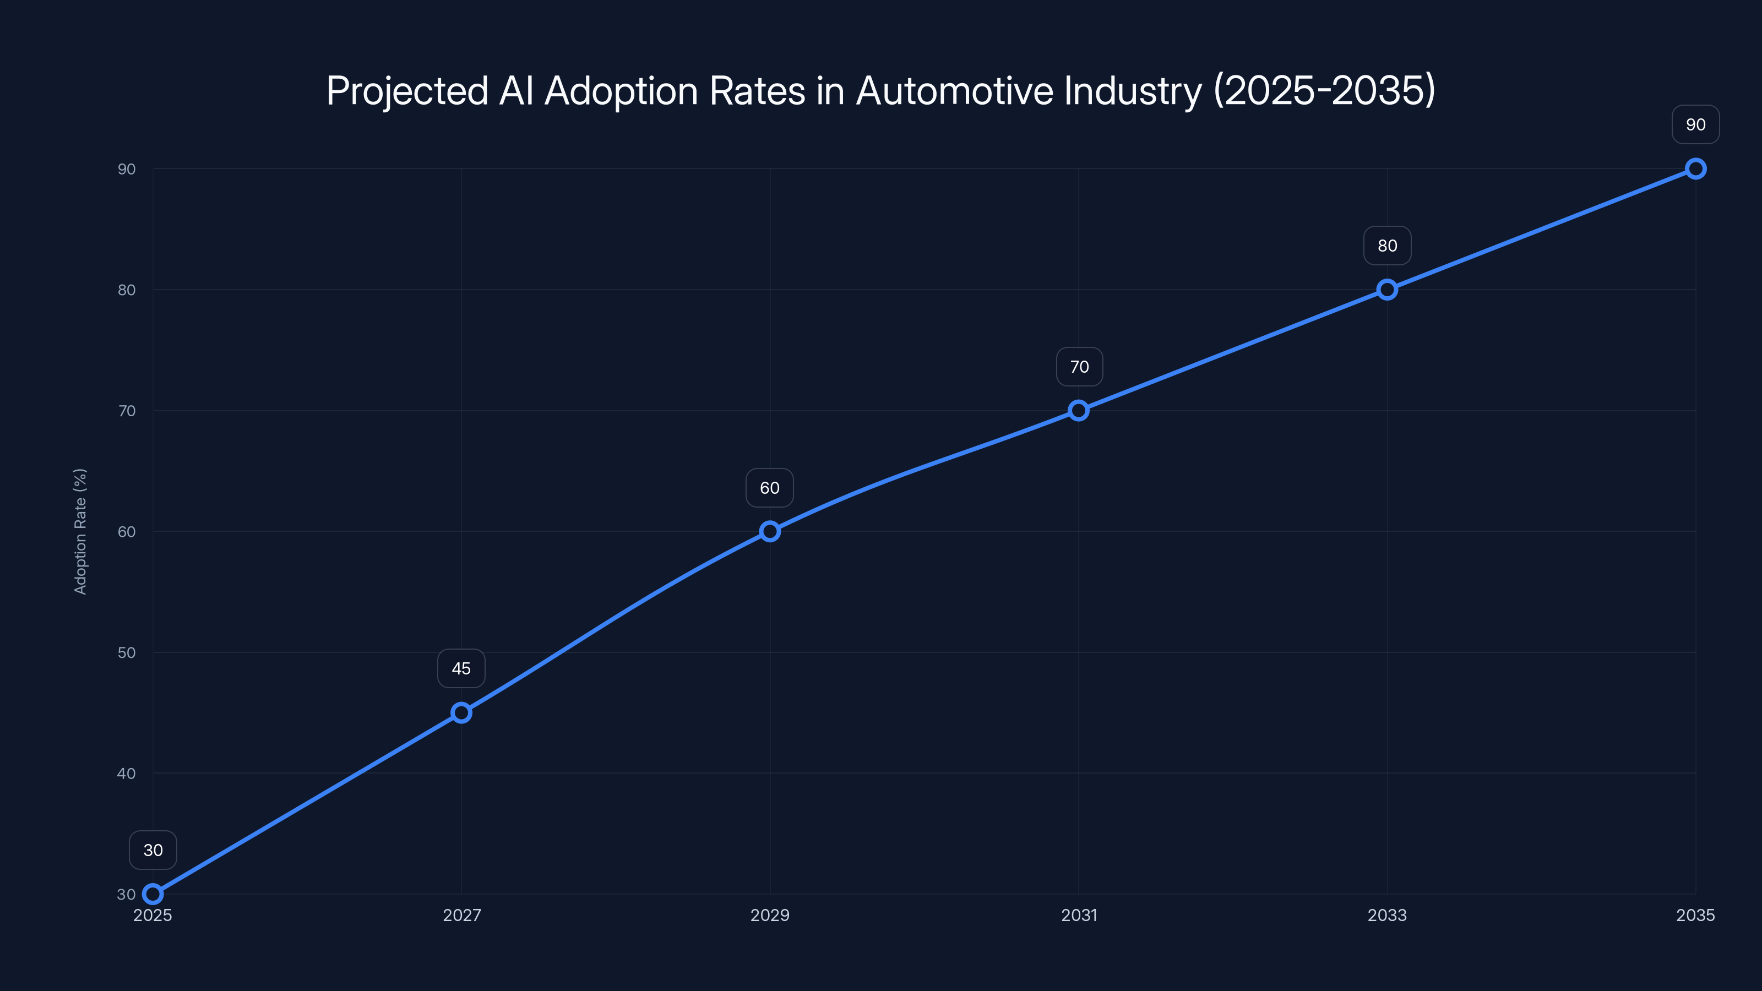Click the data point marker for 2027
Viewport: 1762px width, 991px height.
point(461,712)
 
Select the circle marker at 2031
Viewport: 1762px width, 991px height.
point(1079,410)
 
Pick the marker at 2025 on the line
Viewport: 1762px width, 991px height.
point(153,894)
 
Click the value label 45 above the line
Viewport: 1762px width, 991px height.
point(461,668)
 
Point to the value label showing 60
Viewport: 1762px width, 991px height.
point(770,488)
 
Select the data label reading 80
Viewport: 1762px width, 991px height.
point(1387,246)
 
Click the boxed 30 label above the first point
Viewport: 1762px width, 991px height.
point(153,850)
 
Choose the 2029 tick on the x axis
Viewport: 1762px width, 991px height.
point(770,915)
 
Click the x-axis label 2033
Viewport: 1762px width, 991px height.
point(1387,915)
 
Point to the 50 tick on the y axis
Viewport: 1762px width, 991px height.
point(127,652)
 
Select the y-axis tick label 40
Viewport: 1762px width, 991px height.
point(127,774)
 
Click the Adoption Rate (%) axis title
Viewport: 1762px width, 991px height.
point(80,531)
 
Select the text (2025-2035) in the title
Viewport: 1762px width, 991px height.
point(1324,90)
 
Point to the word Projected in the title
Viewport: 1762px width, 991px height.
point(407,90)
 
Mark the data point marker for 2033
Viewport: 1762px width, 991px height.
point(1387,289)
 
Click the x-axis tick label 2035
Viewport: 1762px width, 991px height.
point(1695,915)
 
